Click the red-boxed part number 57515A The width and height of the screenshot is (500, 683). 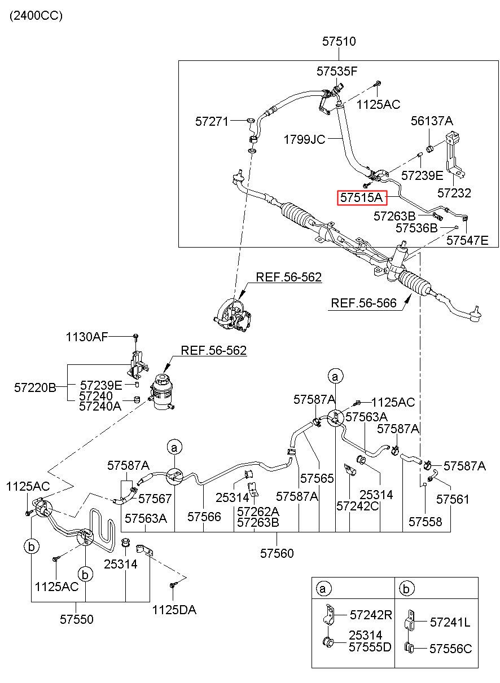(x=362, y=197)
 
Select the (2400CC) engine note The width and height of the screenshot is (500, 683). (x=36, y=16)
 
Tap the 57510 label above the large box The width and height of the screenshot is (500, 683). (x=339, y=42)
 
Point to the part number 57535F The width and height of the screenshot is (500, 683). (x=337, y=72)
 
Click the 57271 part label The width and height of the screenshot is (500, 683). (x=212, y=122)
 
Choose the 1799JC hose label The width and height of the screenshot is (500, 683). (x=304, y=140)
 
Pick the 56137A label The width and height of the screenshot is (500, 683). (x=432, y=121)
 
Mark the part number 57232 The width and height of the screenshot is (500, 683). (x=454, y=193)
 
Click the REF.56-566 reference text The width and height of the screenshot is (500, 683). (x=363, y=303)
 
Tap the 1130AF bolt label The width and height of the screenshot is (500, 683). (x=87, y=337)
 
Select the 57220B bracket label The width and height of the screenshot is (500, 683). (x=35, y=387)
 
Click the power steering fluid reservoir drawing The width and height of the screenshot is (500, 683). (x=162, y=392)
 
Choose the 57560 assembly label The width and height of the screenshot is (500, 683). (x=277, y=553)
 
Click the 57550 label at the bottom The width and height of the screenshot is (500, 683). (x=76, y=619)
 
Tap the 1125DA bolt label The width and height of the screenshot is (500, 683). (x=174, y=610)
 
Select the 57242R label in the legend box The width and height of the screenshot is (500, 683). (x=371, y=615)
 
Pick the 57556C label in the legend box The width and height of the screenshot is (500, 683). (x=450, y=649)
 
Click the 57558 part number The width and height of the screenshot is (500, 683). (x=425, y=522)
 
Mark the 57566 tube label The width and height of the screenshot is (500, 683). (x=204, y=517)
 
